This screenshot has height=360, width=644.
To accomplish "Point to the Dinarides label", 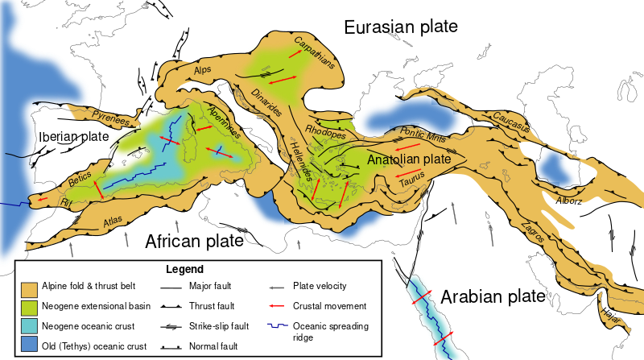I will click(270, 107).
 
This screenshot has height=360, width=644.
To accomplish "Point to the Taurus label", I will click(415, 183).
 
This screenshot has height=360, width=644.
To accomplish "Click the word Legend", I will click(184, 269).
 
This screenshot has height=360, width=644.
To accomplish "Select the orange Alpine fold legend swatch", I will click(31, 288).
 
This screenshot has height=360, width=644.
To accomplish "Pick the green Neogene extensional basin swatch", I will click(31, 307).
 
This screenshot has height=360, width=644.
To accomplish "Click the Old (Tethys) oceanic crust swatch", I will click(31, 346).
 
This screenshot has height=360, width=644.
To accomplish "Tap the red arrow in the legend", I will click(278, 306).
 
